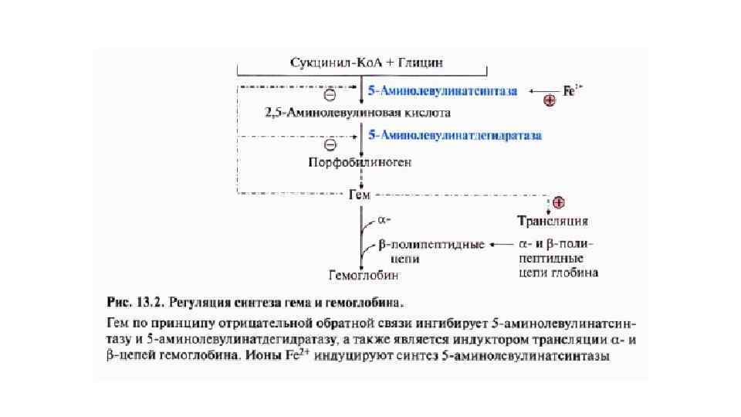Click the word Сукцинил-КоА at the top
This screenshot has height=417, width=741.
325,61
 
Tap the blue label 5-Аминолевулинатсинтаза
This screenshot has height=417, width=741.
442,91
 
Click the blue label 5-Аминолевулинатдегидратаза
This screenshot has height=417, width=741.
455,135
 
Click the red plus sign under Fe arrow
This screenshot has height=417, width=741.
550,100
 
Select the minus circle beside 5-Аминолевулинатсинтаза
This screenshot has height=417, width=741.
330,96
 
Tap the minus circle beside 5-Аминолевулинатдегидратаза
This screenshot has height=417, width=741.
330,144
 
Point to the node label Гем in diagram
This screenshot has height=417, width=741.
360,194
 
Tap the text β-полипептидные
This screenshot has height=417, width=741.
431,246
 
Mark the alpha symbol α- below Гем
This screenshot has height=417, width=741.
384,220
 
